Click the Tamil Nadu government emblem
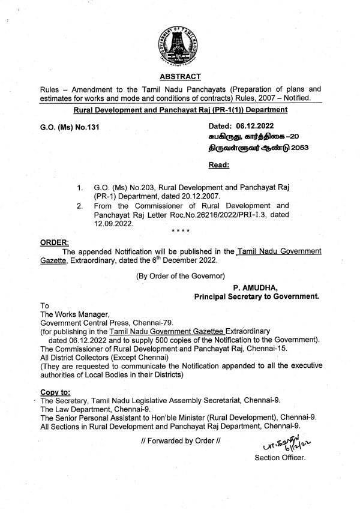pyautogui.click(x=180, y=41)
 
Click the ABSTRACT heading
pyautogui.click(x=180, y=76)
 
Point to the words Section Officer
pyautogui.click(x=280, y=457)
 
